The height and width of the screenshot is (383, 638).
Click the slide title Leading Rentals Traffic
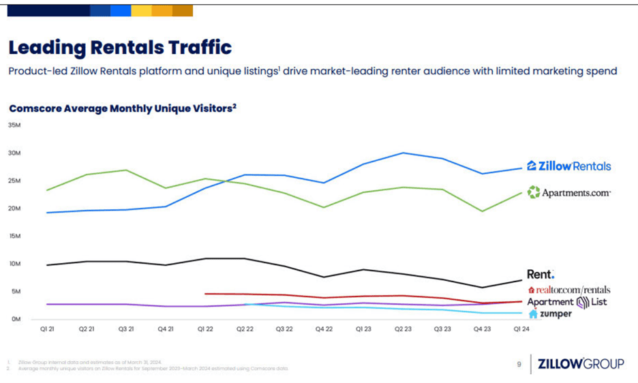point(120,47)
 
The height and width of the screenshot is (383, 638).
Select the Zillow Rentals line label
point(568,166)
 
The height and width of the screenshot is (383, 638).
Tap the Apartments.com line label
point(568,193)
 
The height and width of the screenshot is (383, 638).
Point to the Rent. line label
point(541,275)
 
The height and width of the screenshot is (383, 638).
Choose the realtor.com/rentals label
point(569,290)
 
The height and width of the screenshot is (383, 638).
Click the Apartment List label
point(567,302)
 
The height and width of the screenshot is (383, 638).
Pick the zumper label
point(550,314)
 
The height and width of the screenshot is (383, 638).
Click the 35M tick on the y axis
point(14,125)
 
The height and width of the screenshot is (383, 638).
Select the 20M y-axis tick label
point(14,209)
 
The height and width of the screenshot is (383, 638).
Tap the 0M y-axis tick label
point(15,319)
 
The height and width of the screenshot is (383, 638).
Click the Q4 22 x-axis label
point(324,328)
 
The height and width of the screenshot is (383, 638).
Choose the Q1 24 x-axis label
point(521,328)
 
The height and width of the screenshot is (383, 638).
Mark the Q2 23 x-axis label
point(403,328)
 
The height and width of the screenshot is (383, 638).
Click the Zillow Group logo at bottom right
point(580,364)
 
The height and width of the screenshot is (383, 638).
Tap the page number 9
point(519,365)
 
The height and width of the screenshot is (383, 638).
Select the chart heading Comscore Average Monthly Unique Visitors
point(123,108)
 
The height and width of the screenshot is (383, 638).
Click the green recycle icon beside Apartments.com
point(533,193)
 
